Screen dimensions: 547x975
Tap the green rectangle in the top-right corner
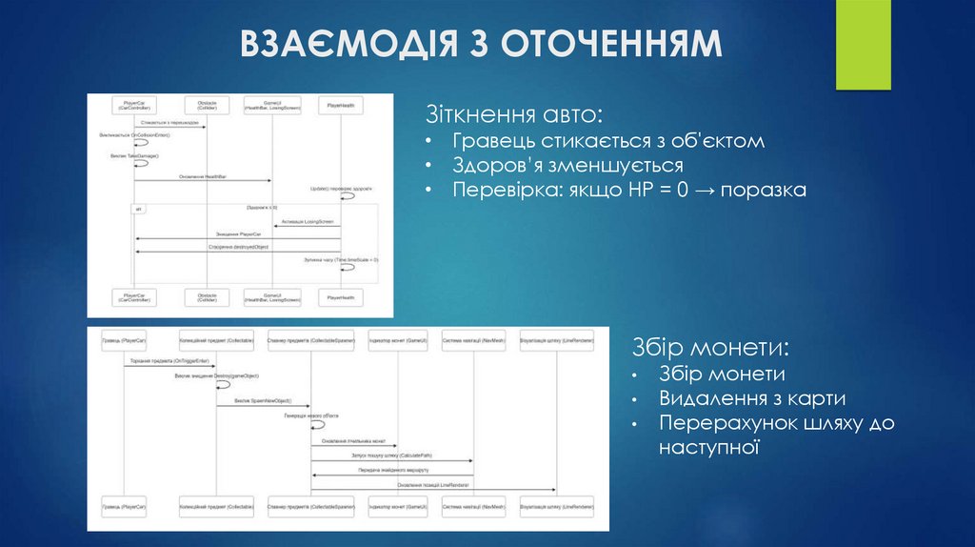(864, 45)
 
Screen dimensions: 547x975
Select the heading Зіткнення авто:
(514, 115)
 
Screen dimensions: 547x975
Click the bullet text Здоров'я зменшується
(567, 166)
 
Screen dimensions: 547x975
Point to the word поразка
(764, 191)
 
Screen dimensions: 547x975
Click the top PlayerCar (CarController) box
(134, 104)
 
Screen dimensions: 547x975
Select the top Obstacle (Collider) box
(207, 104)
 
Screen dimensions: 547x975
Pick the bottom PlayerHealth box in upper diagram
(341, 297)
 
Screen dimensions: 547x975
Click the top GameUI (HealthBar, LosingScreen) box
(271, 104)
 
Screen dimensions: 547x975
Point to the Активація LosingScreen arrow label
(308, 221)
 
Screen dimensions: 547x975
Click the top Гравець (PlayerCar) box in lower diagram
(124, 339)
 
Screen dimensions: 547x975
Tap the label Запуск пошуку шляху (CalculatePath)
(390, 457)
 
